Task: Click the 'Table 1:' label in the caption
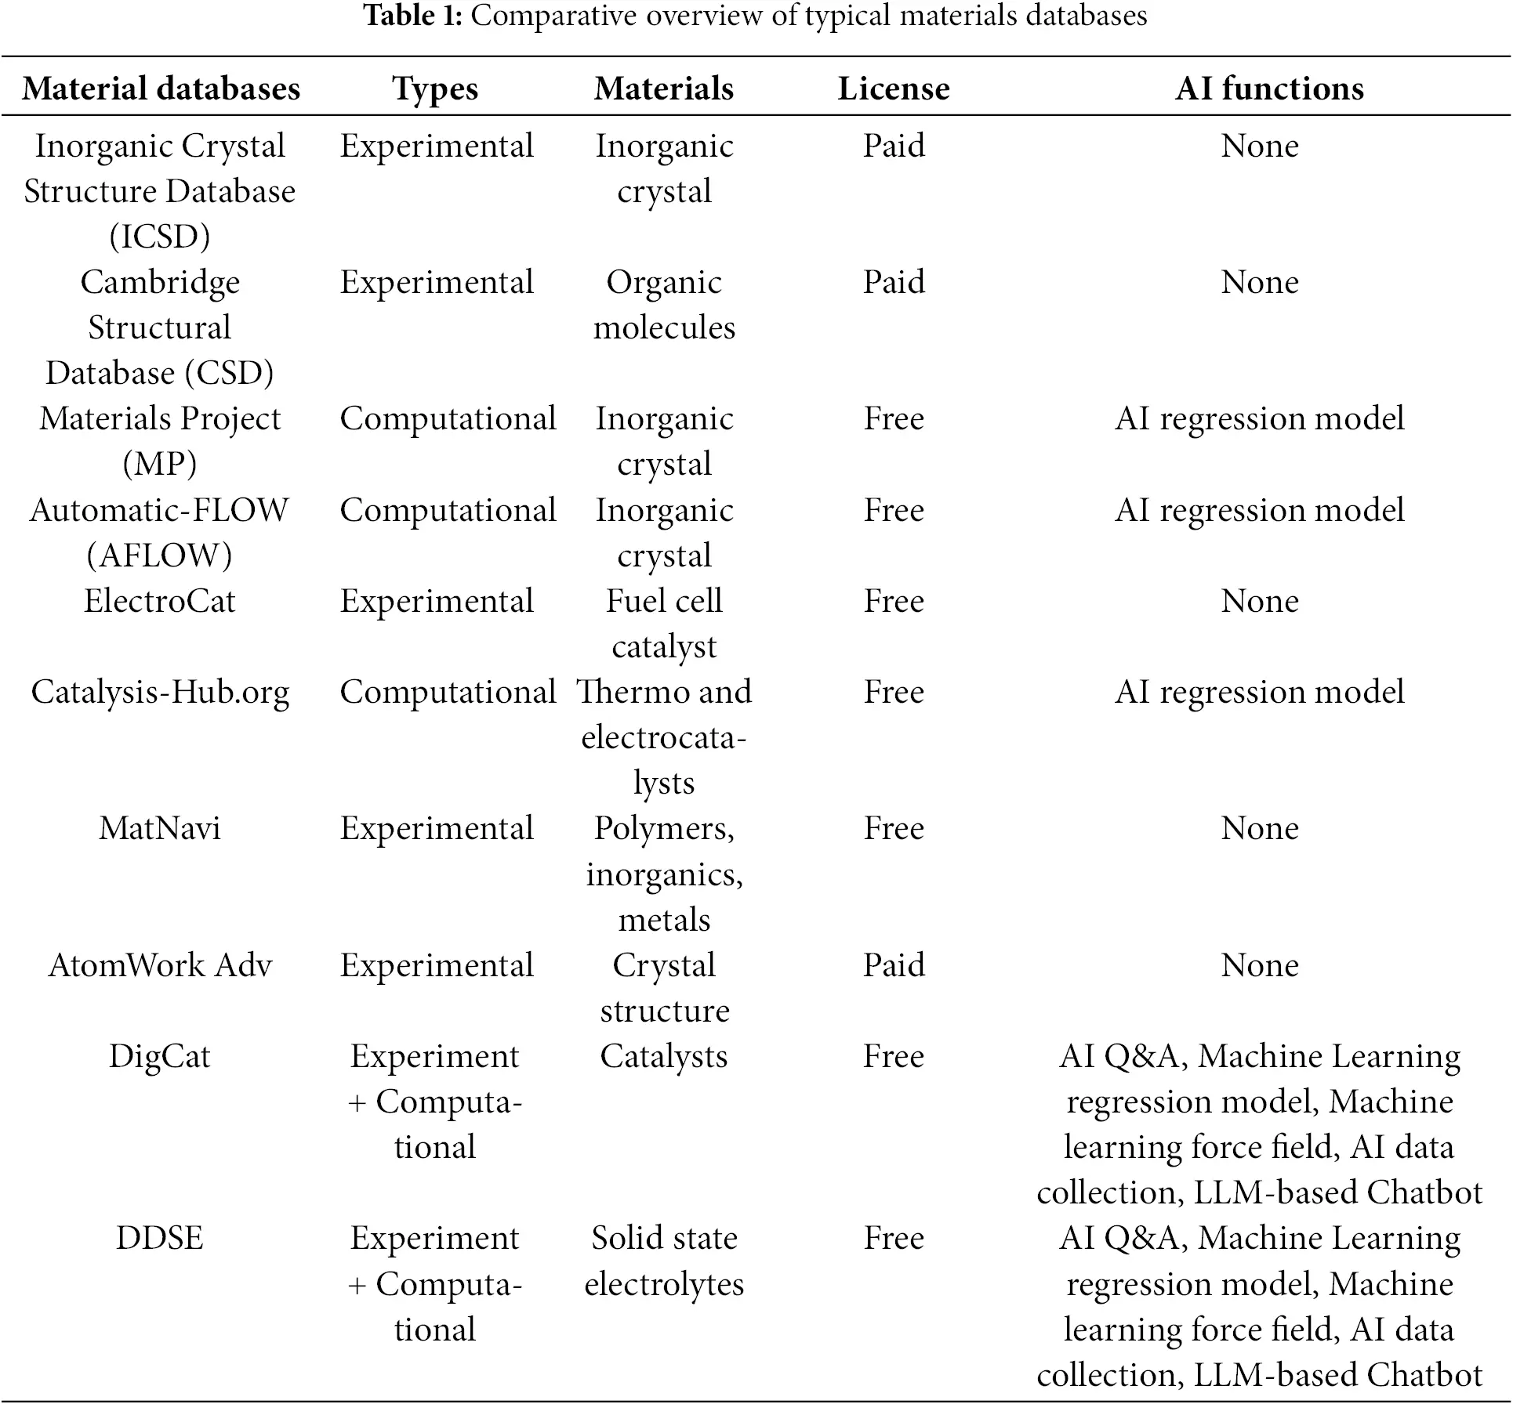coord(412,16)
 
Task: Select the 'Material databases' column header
coord(161,89)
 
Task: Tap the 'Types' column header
coord(435,89)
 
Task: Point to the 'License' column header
coord(893,89)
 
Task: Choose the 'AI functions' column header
coord(1269,89)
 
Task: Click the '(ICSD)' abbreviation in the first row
coord(160,237)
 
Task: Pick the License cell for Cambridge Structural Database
coord(894,282)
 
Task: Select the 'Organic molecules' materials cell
coord(664,305)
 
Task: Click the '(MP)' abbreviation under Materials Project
coord(160,464)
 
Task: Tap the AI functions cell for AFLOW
coord(1259,510)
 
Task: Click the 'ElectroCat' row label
coord(160,601)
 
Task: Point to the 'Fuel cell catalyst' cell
coord(664,624)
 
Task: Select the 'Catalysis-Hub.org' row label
coord(160,692)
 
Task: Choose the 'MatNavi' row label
coord(160,828)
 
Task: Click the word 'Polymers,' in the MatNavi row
coord(664,828)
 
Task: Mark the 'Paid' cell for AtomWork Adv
coord(894,965)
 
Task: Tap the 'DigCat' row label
coord(160,1056)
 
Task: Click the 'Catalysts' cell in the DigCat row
coord(664,1056)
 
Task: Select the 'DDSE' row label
coord(160,1238)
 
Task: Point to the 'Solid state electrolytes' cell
coord(664,1261)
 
